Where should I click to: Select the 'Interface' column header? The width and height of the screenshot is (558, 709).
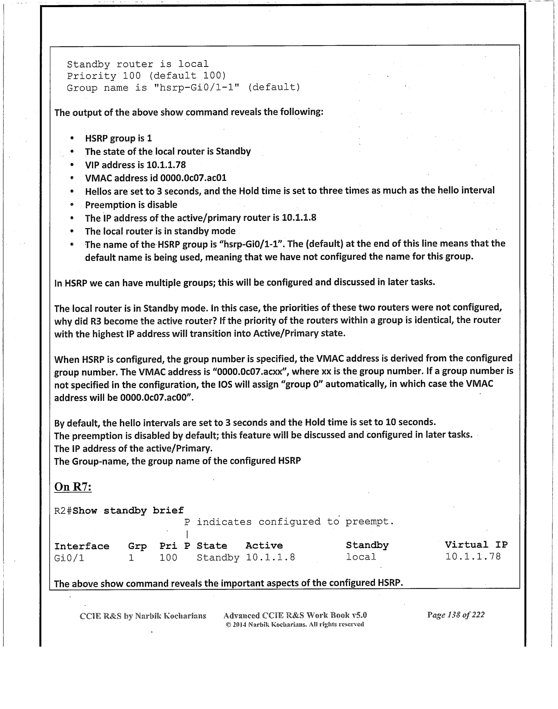click(x=82, y=546)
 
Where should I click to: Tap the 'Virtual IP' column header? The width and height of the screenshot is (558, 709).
click(x=476, y=544)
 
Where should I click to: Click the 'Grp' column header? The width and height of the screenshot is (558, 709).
click(x=137, y=546)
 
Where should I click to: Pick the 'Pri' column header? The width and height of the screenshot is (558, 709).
click(x=168, y=546)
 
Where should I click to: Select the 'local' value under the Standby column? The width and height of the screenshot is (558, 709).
click(x=361, y=557)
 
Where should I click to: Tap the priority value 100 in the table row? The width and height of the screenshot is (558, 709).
click(x=168, y=558)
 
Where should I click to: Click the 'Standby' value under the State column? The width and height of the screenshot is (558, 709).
click(x=218, y=558)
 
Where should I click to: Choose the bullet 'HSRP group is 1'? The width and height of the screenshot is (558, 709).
click(x=119, y=138)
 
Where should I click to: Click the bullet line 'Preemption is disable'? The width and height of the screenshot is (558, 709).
click(x=131, y=205)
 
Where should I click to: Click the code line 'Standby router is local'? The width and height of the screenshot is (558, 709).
click(x=138, y=64)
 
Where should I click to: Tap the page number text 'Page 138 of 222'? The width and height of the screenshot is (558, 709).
click(x=456, y=615)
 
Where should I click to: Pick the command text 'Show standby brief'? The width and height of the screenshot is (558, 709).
click(x=128, y=510)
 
